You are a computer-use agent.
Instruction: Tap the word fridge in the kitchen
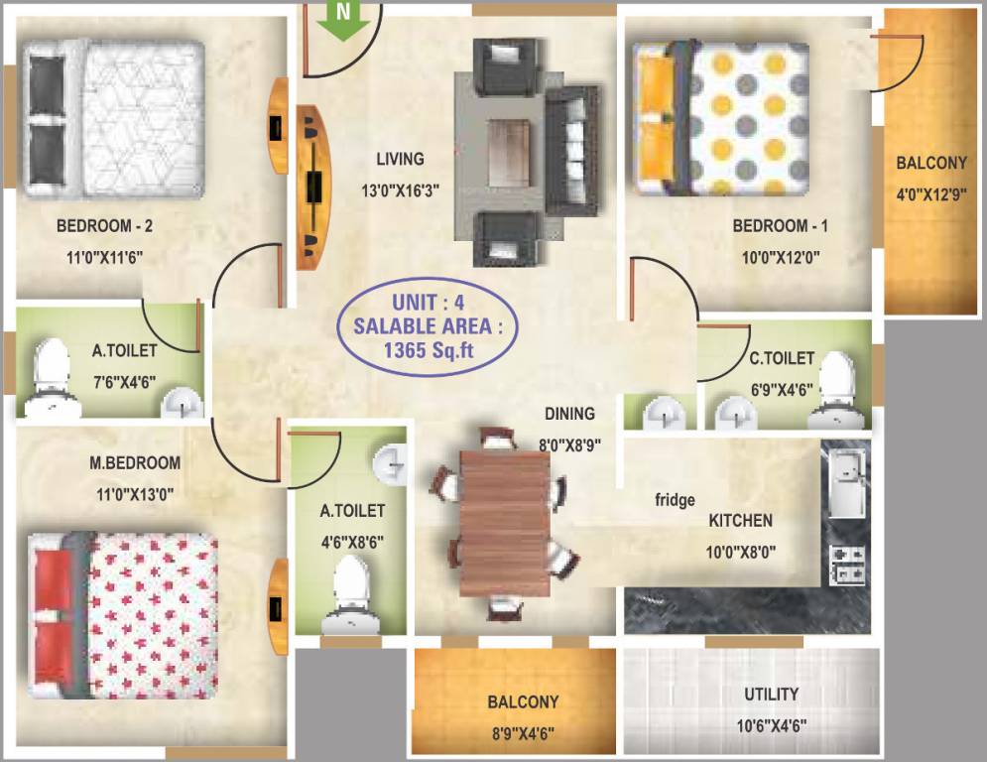pos(675,500)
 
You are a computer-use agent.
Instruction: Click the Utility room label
pos(771,695)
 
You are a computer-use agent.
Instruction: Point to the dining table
pos(505,521)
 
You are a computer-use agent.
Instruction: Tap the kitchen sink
pos(846,481)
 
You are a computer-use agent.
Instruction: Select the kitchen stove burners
pos(849,563)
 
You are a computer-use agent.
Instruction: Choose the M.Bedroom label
pos(135,462)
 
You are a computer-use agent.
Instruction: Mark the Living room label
pos(400,159)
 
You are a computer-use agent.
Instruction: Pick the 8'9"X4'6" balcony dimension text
pos(522,733)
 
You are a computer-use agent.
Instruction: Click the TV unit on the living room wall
pos(312,187)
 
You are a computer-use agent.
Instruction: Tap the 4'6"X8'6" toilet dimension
pos(352,543)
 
